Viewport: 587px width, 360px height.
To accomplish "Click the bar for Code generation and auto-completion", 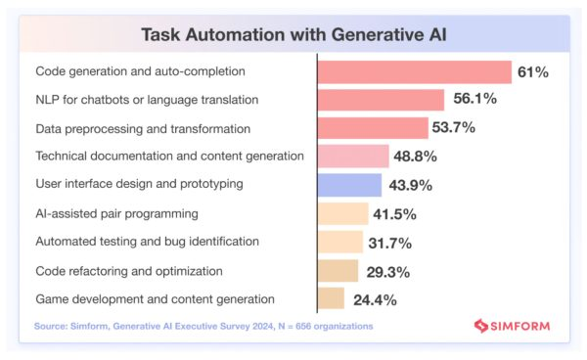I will pos(415,71).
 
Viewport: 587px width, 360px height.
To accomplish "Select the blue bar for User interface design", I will pos(349,185).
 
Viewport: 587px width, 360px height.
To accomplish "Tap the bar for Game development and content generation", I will pos(331,298).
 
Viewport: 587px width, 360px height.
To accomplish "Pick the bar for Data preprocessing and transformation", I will pos(373,128).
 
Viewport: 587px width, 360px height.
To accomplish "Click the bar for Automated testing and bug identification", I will pos(340,242).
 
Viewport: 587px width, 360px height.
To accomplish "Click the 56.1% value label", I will pos(474,100).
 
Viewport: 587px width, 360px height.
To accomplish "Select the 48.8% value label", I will pos(416,157).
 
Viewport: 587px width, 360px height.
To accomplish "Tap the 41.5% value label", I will pos(395,213).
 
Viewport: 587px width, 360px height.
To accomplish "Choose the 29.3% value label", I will pos(386,270).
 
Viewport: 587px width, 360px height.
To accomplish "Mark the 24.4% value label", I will pos(372,298).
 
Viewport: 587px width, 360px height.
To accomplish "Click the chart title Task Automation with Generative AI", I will pos(293,34).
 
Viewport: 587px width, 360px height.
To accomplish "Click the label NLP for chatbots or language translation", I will pos(147,100).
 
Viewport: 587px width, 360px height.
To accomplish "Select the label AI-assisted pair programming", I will pos(116,213).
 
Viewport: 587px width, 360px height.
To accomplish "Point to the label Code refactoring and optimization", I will pos(129,270).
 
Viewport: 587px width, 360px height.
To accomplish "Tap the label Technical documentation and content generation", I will pos(169,157).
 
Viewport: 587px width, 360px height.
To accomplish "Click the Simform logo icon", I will pos(480,326).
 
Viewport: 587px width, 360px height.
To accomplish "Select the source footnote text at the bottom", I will pos(203,325).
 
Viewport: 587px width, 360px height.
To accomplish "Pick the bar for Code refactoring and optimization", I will pos(339,270).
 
